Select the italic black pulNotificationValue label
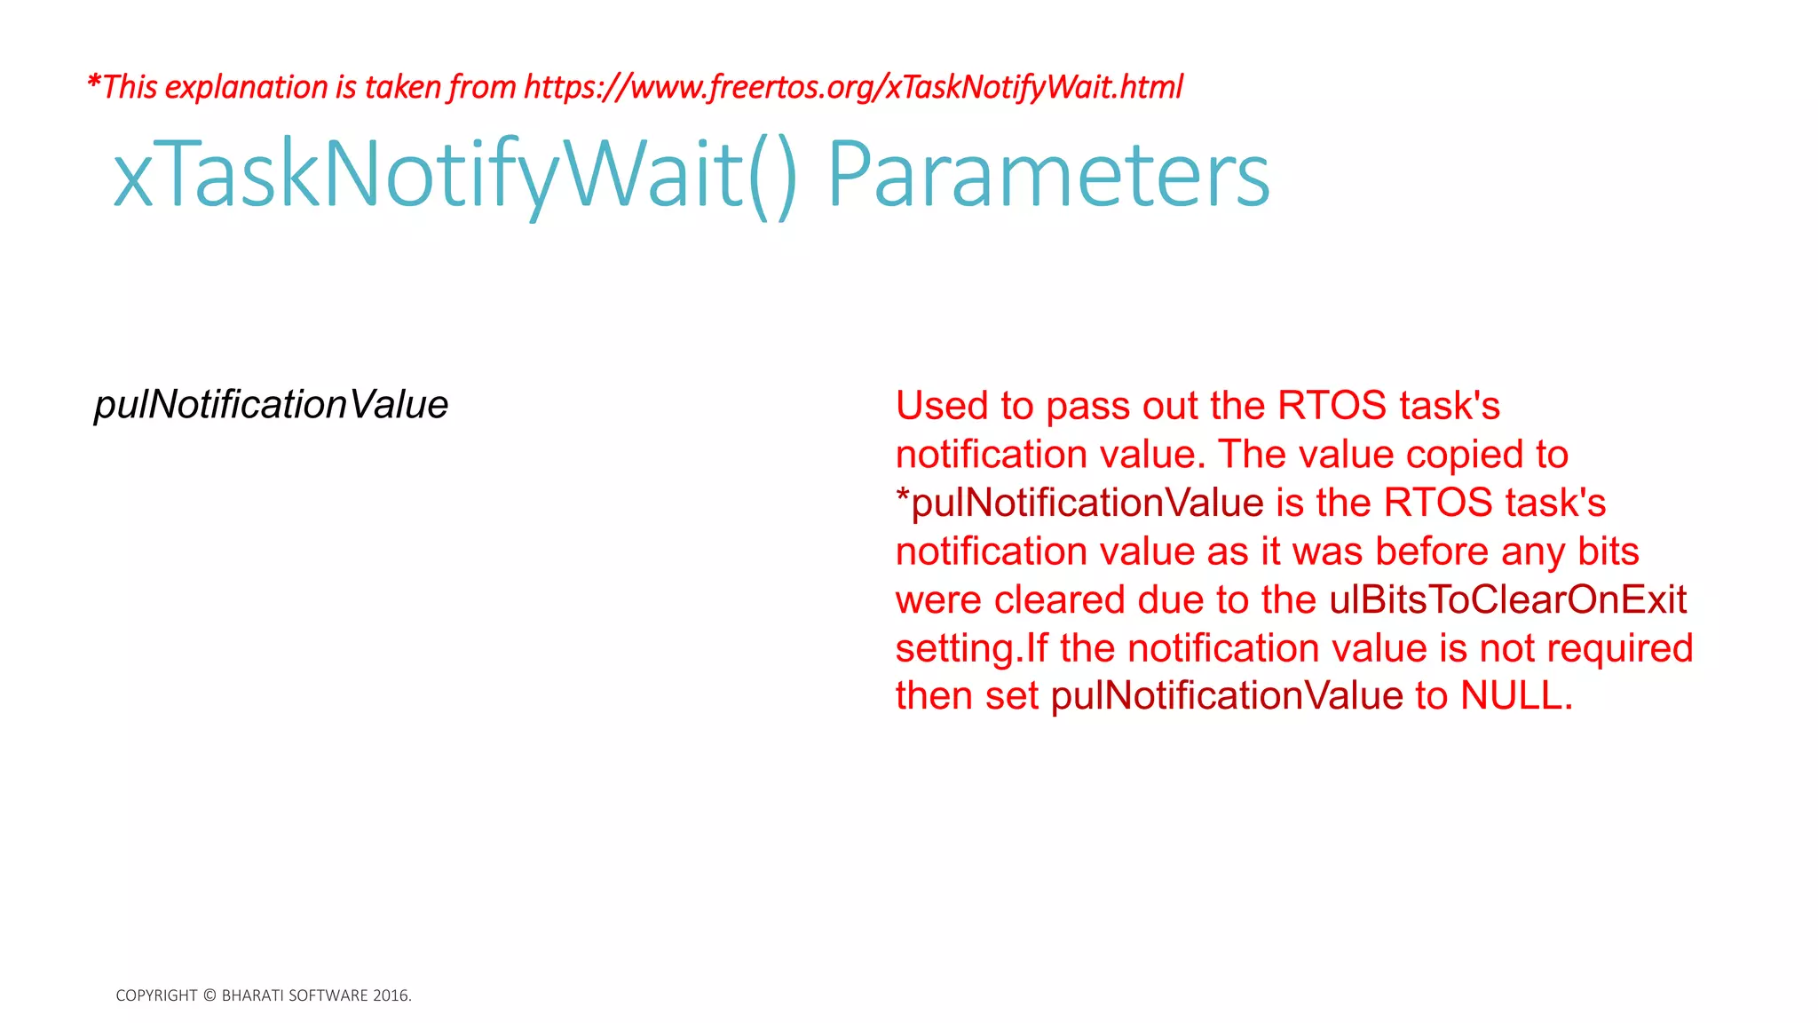271,405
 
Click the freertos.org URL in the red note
853,87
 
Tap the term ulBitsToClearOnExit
1507,600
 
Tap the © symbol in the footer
209,995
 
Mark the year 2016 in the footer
391,995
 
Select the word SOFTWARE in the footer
328,995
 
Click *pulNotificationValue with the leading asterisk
1079,504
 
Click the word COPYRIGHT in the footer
156,995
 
